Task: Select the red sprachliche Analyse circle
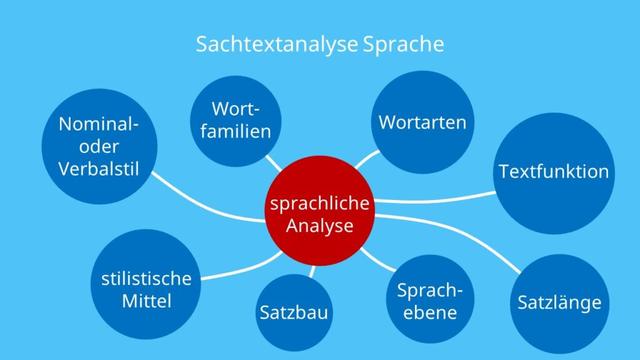319,214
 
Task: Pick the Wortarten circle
423,122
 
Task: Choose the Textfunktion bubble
553,172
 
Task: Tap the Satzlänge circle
559,301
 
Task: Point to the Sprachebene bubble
430,301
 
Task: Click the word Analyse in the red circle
319,227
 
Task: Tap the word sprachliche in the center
319,204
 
